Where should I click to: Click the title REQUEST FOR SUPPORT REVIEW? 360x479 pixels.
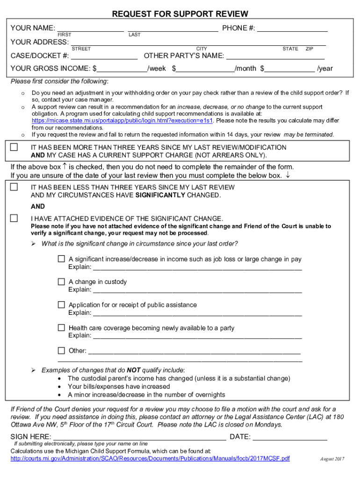(x=180, y=14)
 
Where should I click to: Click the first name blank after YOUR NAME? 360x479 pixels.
(x=90, y=29)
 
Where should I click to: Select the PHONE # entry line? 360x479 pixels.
(x=292, y=29)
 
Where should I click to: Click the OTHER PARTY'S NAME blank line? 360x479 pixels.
(x=275, y=57)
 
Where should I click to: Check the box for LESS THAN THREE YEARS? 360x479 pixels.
(x=14, y=187)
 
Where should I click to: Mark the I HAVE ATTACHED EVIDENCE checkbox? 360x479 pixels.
(x=14, y=218)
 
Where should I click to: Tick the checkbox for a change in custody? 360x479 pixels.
(x=61, y=282)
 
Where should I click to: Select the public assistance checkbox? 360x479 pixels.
(x=61, y=305)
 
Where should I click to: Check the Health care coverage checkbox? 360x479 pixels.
(x=61, y=328)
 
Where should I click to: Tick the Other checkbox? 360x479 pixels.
(x=61, y=350)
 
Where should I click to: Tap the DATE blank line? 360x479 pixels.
(x=290, y=437)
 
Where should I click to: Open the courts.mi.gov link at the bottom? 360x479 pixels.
(x=150, y=458)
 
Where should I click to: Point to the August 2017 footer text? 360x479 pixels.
(x=332, y=459)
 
